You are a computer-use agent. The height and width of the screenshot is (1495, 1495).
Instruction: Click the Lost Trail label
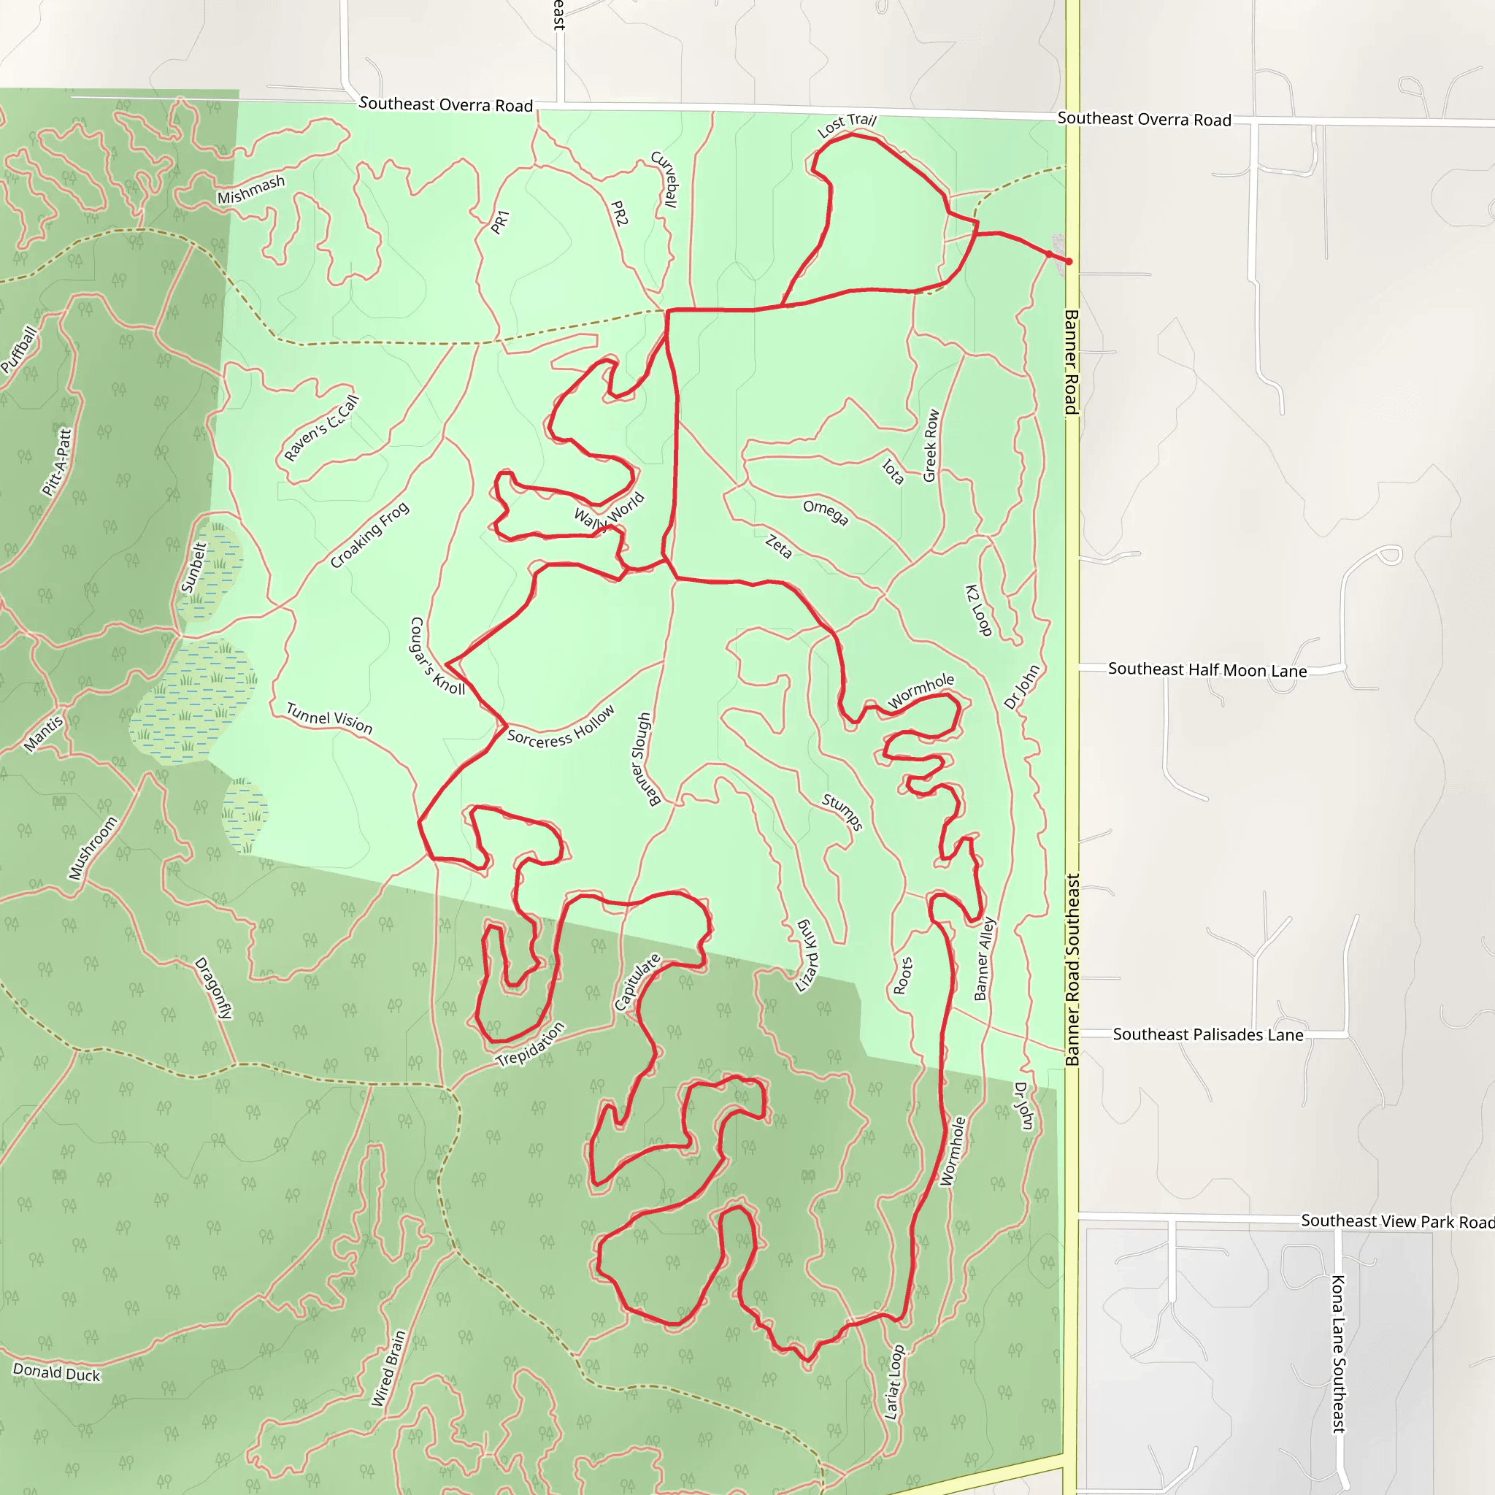[847, 124]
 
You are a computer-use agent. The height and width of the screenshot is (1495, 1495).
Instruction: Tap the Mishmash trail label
[250, 190]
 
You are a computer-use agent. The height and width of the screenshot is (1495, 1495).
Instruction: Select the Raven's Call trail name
[321, 428]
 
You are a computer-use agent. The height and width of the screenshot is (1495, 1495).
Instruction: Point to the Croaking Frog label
[369, 536]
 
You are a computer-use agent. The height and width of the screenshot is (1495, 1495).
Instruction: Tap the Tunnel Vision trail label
[330, 718]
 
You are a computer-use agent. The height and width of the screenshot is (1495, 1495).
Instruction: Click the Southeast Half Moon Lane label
[1207, 669]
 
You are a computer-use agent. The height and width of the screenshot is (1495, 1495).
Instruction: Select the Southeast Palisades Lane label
[1208, 1034]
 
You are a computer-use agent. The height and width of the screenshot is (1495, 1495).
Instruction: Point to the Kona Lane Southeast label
[1338, 1353]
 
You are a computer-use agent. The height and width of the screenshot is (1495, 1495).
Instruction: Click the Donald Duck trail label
[56, 1373]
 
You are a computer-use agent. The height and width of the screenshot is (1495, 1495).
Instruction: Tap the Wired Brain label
[388, 1368]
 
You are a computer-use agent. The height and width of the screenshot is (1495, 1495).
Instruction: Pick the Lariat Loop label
[894, 1382]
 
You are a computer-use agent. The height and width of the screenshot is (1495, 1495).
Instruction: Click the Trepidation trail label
[530, 1045]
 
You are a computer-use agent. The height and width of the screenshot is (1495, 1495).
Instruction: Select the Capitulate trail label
[637, 982]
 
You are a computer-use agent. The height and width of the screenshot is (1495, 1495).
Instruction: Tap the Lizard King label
[807, 956]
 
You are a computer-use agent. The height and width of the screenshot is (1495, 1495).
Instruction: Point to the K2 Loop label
[978, 610]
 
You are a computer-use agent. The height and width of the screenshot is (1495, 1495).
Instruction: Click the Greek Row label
[931, 446]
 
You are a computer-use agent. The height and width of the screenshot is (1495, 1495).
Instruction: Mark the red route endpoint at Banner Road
[1069, 261]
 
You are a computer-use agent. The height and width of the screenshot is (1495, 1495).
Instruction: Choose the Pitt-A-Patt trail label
[56, 462]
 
